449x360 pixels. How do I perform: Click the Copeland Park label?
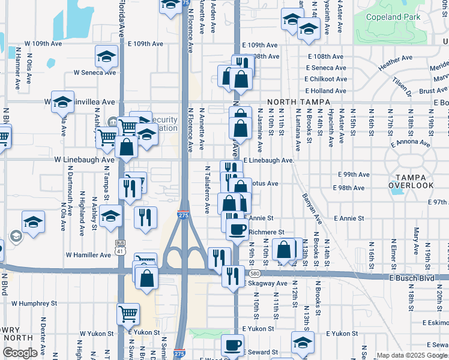pos(393,17)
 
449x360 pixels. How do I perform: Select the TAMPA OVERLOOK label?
pos(411,181)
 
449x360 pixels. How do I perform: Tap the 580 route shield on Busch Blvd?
pos(357,274)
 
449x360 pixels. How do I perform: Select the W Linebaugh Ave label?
pos(84,160)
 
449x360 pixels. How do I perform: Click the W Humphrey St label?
pos(33,304)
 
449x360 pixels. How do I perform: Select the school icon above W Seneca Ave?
pos(106,57)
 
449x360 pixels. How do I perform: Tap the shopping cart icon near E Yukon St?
pos(128,313)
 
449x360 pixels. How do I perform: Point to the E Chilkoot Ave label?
pos(325,79)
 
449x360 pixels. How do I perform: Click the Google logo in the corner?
pos(20,353)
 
